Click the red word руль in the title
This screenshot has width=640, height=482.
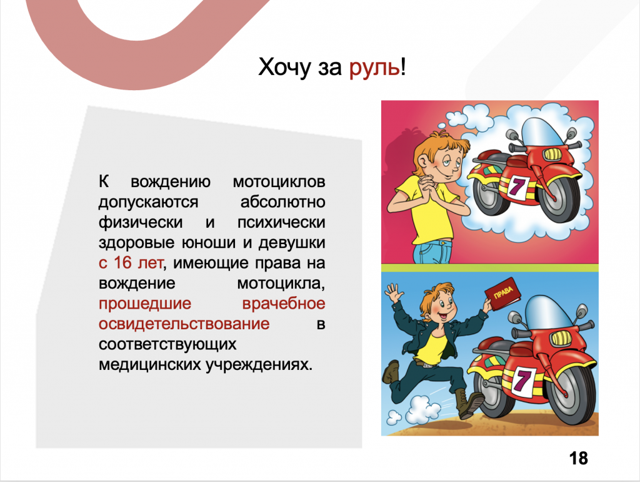[375, 67]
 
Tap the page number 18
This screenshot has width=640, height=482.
[578, 458]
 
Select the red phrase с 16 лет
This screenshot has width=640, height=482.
[131, 263]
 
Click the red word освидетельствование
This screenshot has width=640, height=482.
[184, 324]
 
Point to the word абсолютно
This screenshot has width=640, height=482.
[283, 202]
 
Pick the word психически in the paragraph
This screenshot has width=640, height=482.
[281, 222]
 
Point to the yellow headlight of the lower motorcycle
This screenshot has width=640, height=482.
[562, 338]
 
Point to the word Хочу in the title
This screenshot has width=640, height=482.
[284, 67]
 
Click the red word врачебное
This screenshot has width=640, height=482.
[284, 304]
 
